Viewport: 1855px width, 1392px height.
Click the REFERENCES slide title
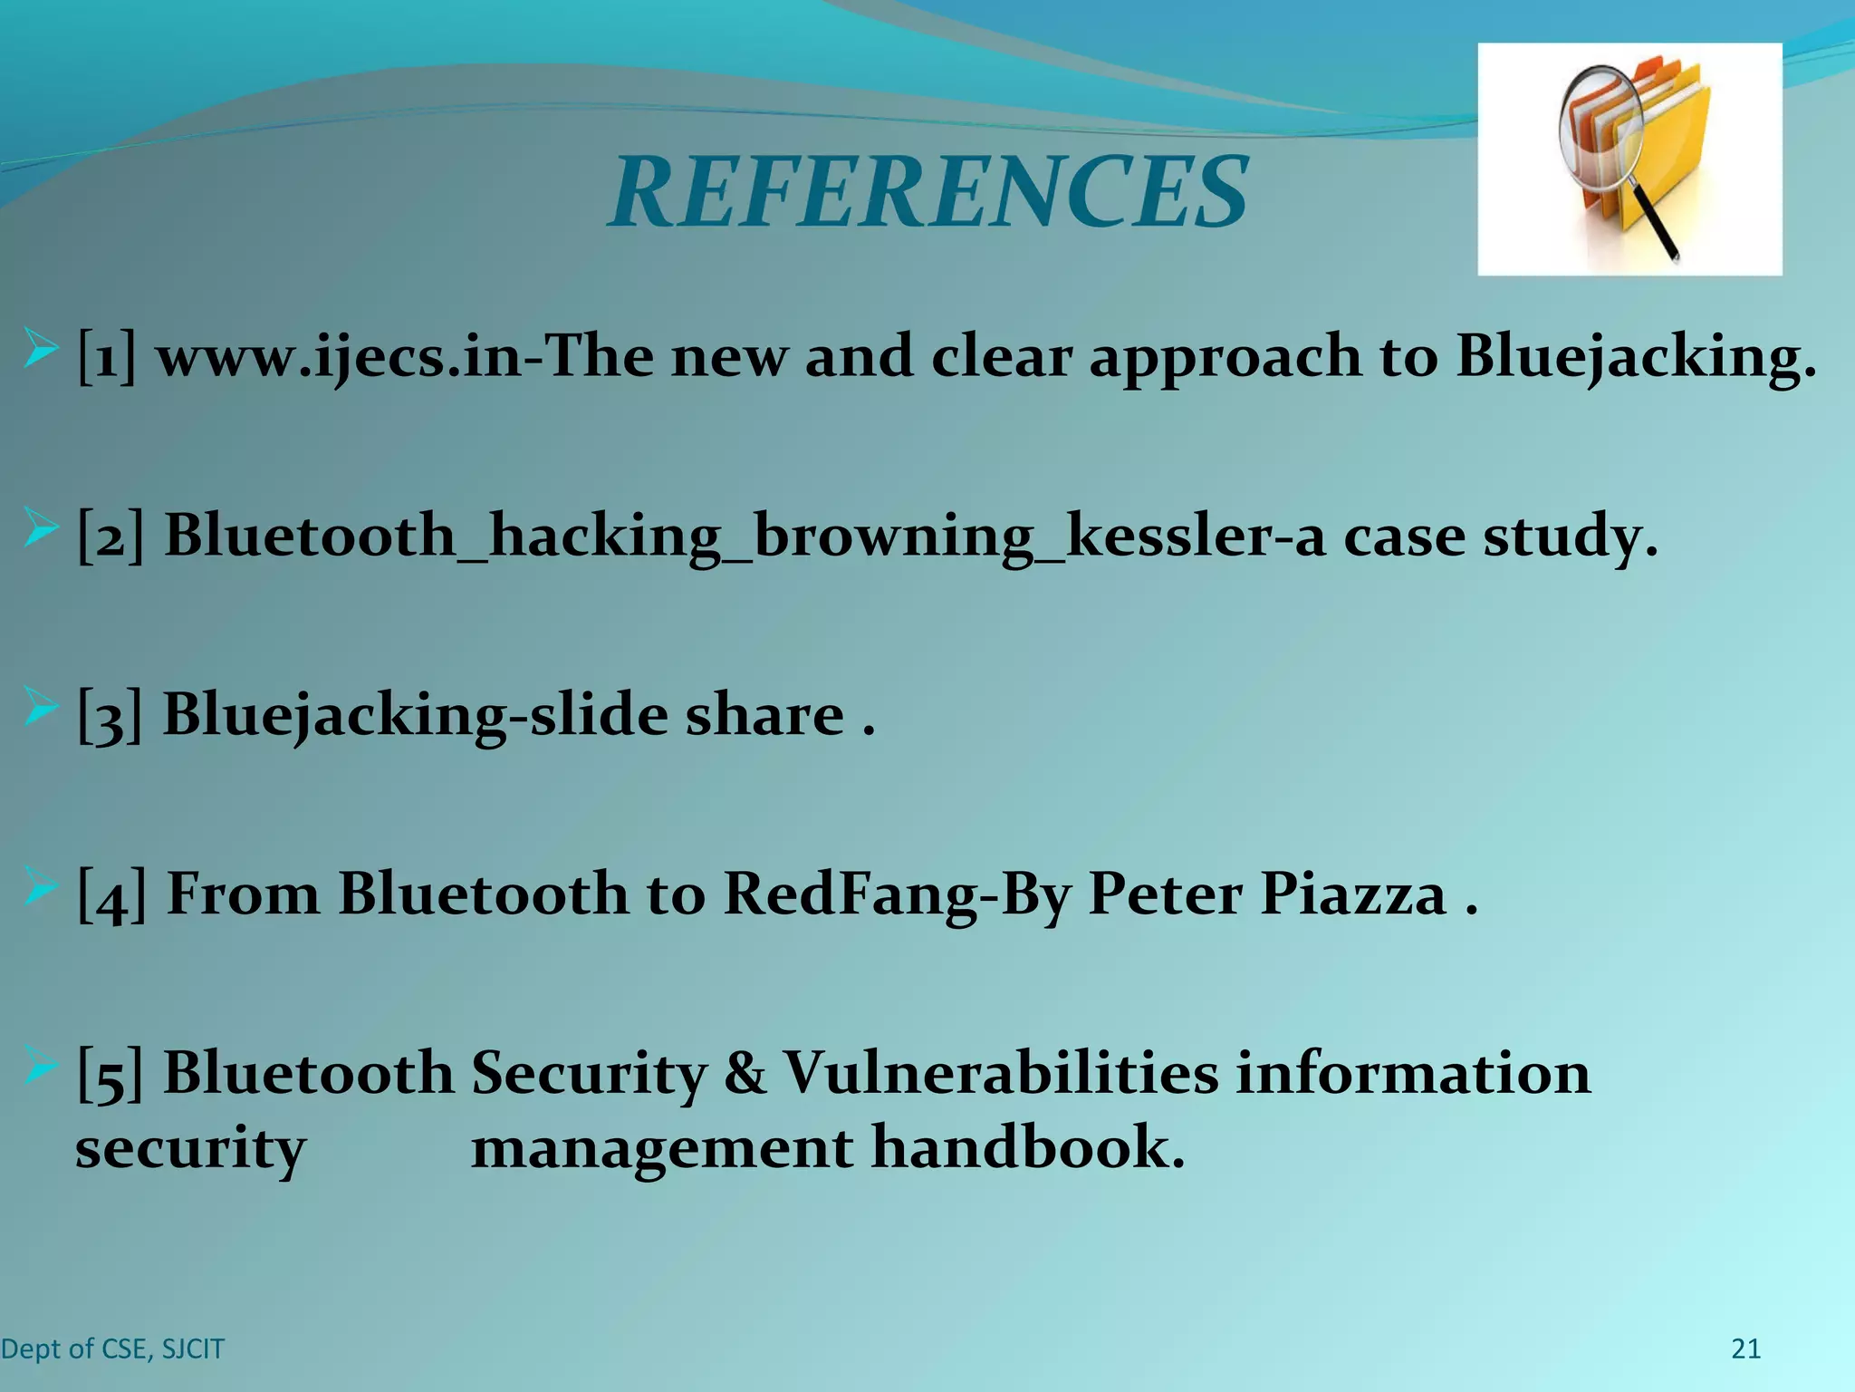coord(928,193)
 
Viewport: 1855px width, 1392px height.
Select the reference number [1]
coord(107,356)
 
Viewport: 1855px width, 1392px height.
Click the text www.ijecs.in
coord(340,356)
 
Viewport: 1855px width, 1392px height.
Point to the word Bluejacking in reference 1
coord(1636,356)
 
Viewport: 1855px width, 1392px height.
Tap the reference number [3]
coord(110,715)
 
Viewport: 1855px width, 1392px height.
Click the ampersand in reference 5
coord(745,1074)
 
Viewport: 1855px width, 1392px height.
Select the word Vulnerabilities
coord(1001,1074)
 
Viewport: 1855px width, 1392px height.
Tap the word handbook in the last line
coord(1027,1148)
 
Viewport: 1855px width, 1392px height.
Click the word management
coord(662,1148)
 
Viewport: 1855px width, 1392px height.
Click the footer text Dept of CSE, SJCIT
coord(112,1349)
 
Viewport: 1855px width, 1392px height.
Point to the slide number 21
coord(1745,1349)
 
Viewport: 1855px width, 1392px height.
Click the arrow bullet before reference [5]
coord(40,1064)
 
